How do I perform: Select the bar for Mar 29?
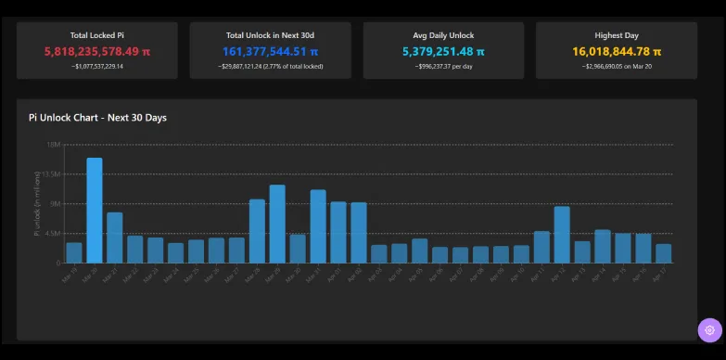coord(277,224)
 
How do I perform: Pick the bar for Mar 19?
coord(74,252)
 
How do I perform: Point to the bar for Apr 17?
coord(663,253)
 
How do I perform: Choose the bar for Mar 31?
coord(318,226)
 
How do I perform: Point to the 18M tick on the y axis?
coord(53,145)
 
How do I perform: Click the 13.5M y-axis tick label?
coord(51,174)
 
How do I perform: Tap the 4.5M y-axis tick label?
coord(52,233)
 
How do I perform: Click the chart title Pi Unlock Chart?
coord(97,118)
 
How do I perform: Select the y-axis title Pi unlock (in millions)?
coord(38,203)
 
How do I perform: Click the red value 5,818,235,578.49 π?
coord(96,52)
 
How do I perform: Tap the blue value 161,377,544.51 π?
coord(270,52)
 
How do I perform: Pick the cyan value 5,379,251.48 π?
coord(443,52)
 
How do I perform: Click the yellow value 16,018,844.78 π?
coord(617,52)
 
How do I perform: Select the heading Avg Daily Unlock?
coord(443,35)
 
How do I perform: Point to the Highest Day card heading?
coord(617,35)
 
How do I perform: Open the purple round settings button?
coord(709,329)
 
